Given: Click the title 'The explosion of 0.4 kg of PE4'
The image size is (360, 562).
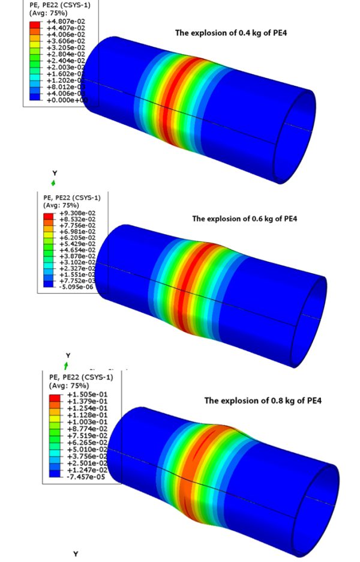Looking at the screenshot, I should click(x=230, y=32).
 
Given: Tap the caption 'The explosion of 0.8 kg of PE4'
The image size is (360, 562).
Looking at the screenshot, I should click(x=263, y=400).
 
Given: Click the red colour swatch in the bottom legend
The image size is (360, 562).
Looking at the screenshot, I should click(x=54, y=396).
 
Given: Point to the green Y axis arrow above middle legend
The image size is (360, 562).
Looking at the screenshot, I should click(x=54, y=182).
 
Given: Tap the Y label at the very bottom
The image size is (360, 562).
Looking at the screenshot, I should click(x=76, y=554).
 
